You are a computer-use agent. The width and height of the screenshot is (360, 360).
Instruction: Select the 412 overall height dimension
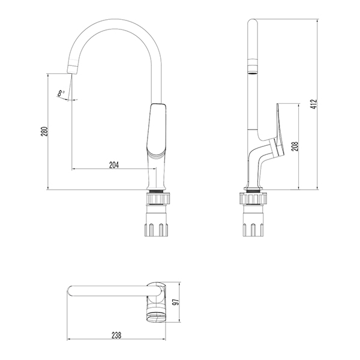click(x=313, y=104)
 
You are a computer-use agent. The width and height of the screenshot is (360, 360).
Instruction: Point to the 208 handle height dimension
click(x=295, y=146)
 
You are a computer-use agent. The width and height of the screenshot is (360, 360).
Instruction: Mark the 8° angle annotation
click(x=61, y=93)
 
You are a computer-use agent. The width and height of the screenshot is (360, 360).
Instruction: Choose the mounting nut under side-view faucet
click(x=253, y=227)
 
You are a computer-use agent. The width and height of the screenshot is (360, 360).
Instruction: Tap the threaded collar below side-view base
click(x=253, y=197)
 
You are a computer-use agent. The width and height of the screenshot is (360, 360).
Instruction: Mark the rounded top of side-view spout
click(x=253, y=24)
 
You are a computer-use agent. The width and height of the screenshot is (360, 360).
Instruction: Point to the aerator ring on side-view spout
click(x=253, y=67)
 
